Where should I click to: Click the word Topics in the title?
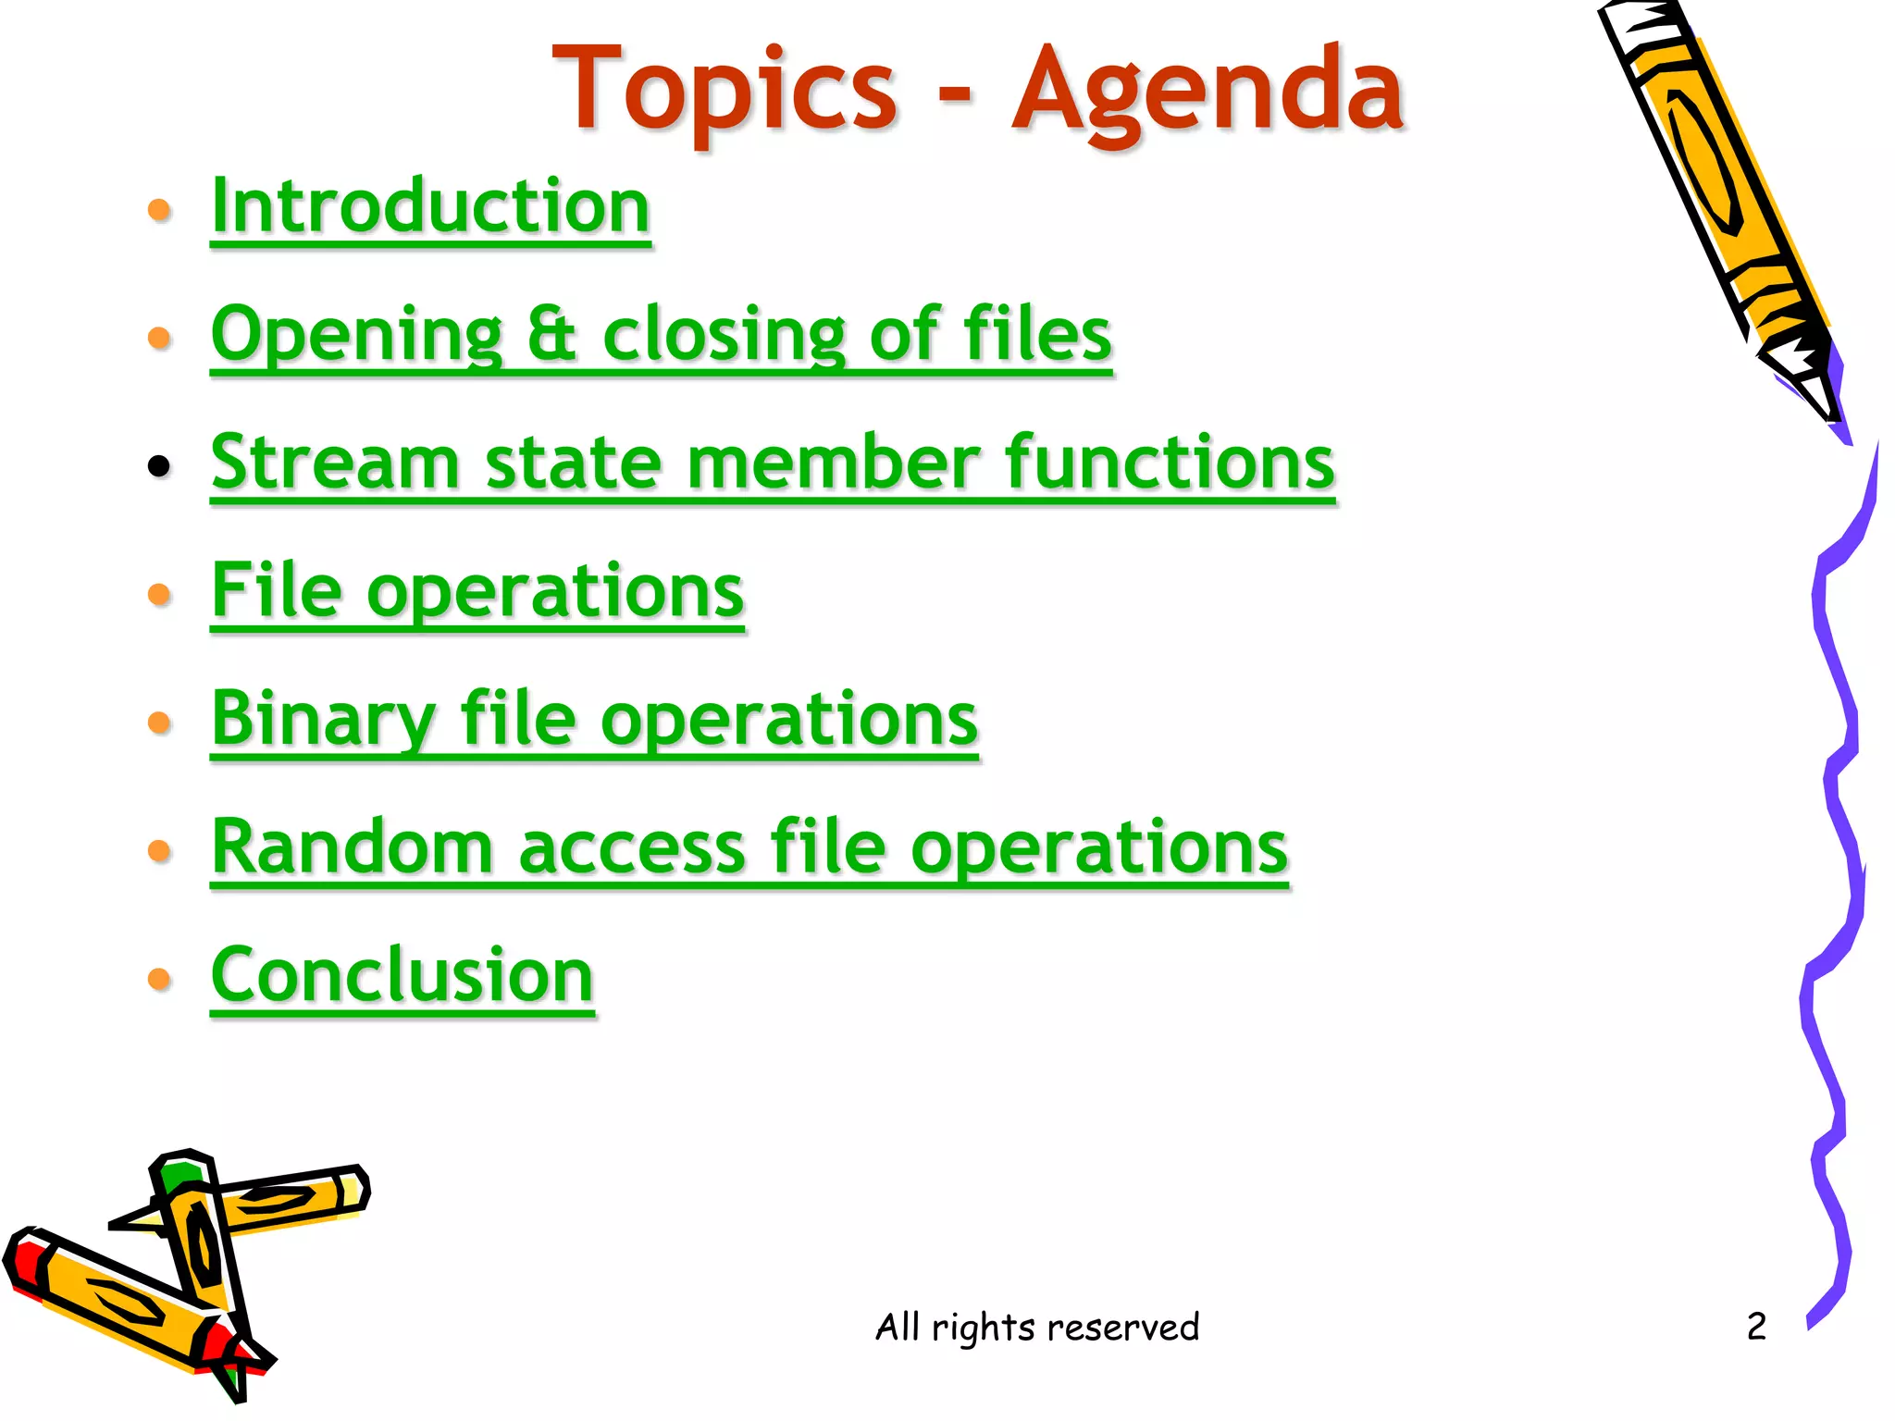point(725,91)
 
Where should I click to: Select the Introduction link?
point(430,207)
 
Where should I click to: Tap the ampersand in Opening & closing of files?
point(552,335)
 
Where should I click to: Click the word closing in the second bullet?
point(724,335)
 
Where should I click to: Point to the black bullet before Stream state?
point(159,466)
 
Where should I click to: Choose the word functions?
point(1170,463)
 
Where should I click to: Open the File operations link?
point(477,592)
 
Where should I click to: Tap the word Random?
point(352,847)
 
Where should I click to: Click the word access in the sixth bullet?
point(632,849)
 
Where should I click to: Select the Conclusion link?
point(402,975)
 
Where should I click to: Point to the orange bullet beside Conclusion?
point(159,979)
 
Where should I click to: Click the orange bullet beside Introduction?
point(159,210)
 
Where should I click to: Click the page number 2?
point(1756,1327)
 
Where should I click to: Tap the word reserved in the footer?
point(1122,1327)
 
